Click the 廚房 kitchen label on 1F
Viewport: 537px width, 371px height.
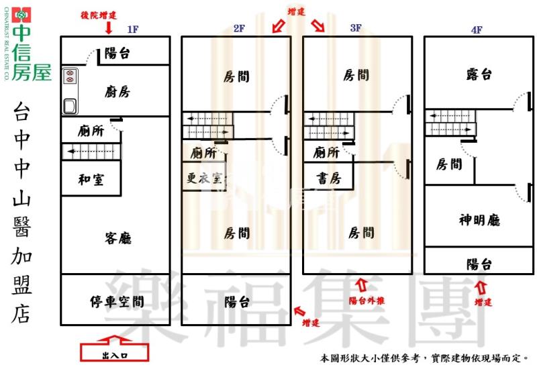117,92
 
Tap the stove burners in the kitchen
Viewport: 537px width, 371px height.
68,76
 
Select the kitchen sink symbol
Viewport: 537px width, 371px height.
68,105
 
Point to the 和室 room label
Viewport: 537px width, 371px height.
91,179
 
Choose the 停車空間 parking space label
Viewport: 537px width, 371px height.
116,301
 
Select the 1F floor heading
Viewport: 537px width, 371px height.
132,29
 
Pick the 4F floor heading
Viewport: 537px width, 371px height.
477,30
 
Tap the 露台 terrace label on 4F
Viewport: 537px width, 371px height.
479,74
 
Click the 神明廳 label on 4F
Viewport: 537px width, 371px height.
479,220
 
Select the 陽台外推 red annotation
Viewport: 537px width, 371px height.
367,301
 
